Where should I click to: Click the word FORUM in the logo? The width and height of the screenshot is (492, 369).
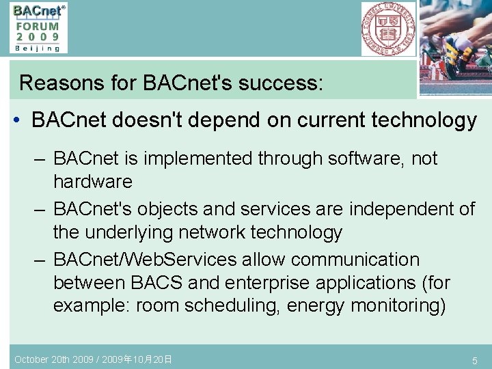(x=38, y=25)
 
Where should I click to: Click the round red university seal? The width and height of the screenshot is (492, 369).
(x=387, y=28)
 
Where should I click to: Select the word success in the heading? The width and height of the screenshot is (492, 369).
(x=276, y=83)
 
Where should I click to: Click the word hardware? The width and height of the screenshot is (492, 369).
(x=92, y=182)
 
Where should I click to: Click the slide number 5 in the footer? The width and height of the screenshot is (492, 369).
(x=474, y=360)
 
